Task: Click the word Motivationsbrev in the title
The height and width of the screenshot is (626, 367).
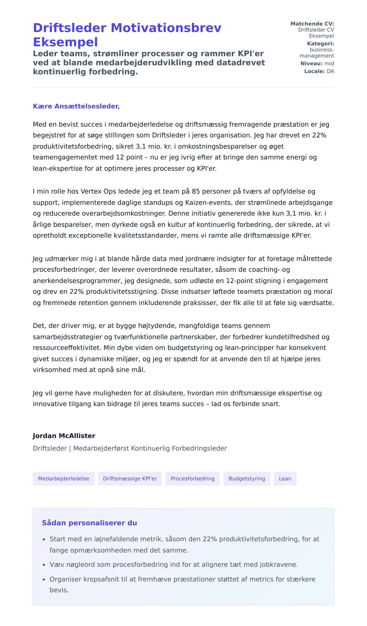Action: pyautogui.click(x=166, y=28)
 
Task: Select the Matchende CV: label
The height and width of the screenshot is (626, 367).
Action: pyautogui.click(x=312, y=24)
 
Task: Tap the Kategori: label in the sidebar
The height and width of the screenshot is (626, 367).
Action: pyautogui.click(x=320, y=44)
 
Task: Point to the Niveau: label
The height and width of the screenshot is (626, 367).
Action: pyautogui.click(x=311, y=64)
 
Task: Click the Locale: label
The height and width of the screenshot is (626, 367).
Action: pyautogui.click(x=314, y=71)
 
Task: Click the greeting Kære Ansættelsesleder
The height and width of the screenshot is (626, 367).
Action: pyautogui.click(x=76, y=106)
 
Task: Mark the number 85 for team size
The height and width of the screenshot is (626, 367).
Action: pyautogui.click(x=196, y=192)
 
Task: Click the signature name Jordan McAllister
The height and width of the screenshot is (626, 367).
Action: pyautogui.click(x=64, y=436)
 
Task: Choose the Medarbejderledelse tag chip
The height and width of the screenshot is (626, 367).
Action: pyautogui.click(x=64, y=479)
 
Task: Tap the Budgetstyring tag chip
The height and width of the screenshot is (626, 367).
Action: pyautogui.click(x=247, y=479)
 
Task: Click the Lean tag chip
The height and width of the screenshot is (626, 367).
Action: pyautogui.click(x=285, y=479)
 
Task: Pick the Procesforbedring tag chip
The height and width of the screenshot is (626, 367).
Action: pyautogui.click(x=192, y=479)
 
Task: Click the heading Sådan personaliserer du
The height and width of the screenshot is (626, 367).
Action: pyautogui.click(x=89, y=523)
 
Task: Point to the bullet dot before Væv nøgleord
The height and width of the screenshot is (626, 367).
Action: pyautogui.click(x=44, y=565)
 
